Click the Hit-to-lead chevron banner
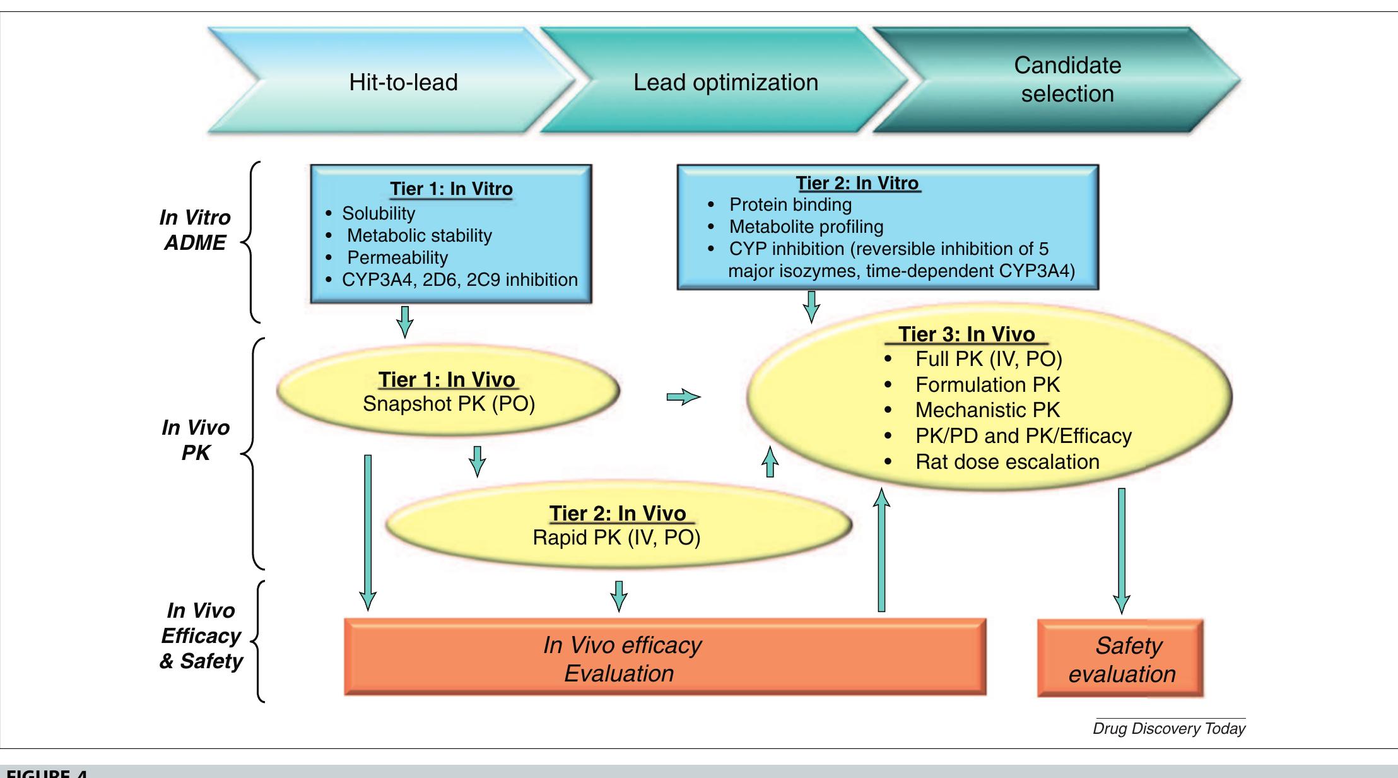403,82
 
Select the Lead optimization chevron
725,82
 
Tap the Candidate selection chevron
1067,80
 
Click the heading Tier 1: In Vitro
451,189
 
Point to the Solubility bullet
378,213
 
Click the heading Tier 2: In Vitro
857,183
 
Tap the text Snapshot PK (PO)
449,404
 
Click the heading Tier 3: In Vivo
966,334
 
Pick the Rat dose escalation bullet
1006,462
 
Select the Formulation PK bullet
987,385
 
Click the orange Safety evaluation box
1121,659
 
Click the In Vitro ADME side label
195,230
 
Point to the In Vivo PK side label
196,440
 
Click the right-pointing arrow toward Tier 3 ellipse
683,397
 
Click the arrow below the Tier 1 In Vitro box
405,322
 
